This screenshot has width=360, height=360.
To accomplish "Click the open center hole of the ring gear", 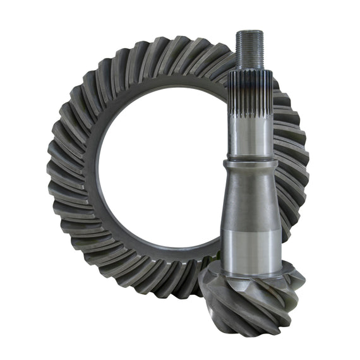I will [x=158, y=171].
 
